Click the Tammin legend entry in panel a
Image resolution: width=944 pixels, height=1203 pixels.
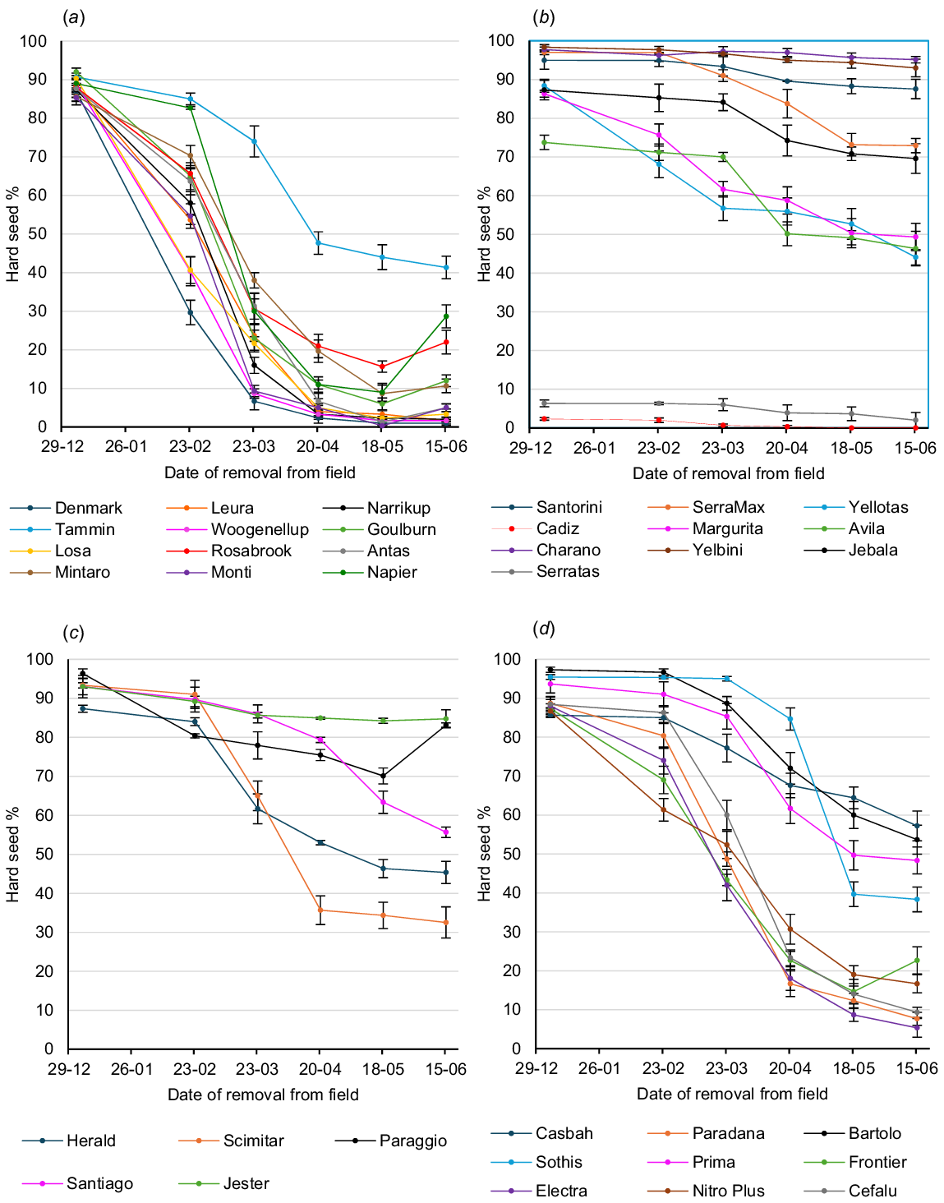pyautogui.click(x=85, y=529)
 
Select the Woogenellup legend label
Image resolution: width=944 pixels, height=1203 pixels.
pyautogui.click(x=260, y=529)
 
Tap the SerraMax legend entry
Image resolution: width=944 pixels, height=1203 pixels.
pyautogui.click(x=728, y=507)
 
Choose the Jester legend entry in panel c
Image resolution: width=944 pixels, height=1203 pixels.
pyautogui.click(x=246, y=1183)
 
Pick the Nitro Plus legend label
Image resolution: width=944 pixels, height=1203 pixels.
pyautogui.click(x=728, y=1191)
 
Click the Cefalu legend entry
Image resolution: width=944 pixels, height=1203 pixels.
pyautogui.click(x=873, y=1191)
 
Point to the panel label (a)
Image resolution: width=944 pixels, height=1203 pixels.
pyautogui.click(x=74, y=17)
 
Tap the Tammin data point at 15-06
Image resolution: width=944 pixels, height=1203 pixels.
pyautogui.click(x=446, y=267)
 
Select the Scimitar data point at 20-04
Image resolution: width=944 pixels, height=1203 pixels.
pyautogui.click(x=320, y=910)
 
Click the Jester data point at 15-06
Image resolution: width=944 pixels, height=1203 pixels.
pyautogui.click(x=446, y=719)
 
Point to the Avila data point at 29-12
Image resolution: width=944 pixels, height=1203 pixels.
pyautogui.click(x=544, y=142)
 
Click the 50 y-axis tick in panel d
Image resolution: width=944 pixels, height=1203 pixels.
pyautogui.click(x=509, y=854)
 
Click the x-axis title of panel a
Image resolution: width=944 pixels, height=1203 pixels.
pyautogui.click(x=260, y=472)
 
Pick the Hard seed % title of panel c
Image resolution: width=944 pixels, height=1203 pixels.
pyautogui.click(x=13, y=855)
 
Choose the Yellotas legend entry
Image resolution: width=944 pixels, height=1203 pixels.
pyautogui.click(x=878, y=507)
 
